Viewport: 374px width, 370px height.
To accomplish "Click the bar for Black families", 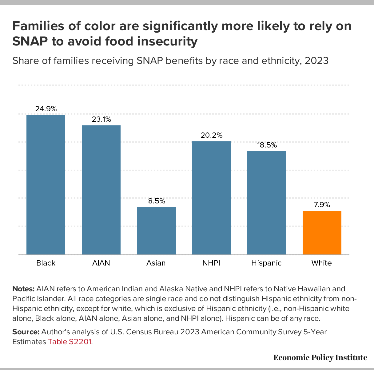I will tap(46, 184).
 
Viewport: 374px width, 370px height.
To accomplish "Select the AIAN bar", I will tap(101, 190).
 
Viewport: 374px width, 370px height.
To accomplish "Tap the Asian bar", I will tap(156, 230).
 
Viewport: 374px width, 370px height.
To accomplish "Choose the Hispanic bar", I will tap(266, 203).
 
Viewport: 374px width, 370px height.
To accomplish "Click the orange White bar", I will tap(322, 232).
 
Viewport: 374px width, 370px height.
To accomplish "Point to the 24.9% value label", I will tap(46, 109).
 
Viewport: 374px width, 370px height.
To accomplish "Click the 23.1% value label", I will tap(101, 119).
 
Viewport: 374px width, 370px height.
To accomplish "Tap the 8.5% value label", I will tap(156, 201).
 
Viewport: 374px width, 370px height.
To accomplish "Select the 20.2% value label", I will tap(211, 135).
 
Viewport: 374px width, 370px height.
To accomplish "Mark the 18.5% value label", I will tap(267, 145).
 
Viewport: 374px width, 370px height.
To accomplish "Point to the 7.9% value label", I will tap(322, 205).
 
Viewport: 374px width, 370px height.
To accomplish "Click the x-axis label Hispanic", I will tap(266, 263).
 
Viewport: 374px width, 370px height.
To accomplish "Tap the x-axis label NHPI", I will tap(211, 263).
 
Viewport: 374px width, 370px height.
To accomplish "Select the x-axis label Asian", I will tap(156, 263).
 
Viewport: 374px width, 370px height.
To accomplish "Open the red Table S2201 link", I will tap(70, 342).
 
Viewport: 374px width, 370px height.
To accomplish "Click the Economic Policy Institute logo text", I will tap(320, 357).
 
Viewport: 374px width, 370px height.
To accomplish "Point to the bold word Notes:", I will tap(23, 289).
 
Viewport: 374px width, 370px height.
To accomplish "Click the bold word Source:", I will tap(26, 332).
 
